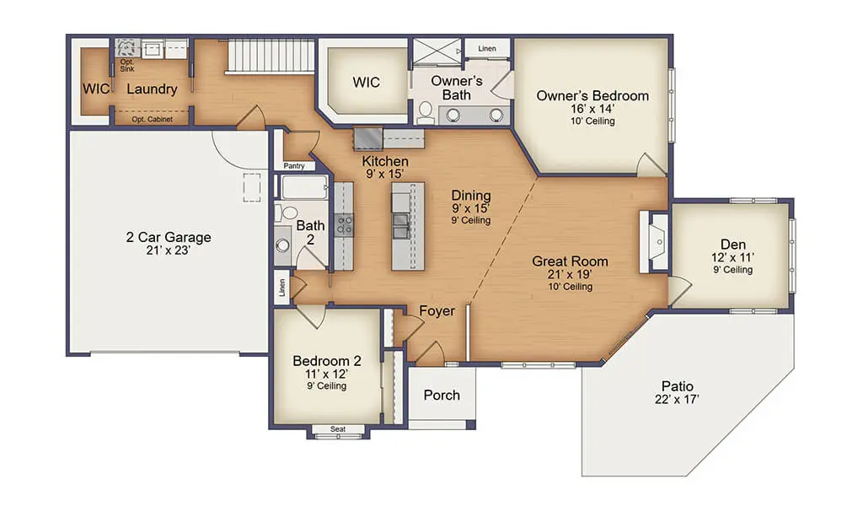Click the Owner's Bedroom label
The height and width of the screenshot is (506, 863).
(x=592, y=96)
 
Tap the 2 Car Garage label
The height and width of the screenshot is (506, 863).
(x=169, y=237)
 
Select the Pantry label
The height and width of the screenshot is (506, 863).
(x=294, y=166)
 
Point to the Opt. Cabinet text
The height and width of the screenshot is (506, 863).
(x=152, y=119)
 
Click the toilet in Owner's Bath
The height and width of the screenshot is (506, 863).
(x=426, y=112)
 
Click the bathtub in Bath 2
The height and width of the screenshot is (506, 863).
(x=304, y=187)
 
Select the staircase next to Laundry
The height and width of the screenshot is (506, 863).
(x=270, y=56)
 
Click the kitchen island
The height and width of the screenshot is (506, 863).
(x=408, y=226)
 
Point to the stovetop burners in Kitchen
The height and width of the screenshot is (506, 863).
(x=345, y=226)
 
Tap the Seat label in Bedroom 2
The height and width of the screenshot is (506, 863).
(x=338, y=429)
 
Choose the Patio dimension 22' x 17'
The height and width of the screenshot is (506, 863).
(x=677, y=400)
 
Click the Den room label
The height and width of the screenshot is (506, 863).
(x=733, y=245)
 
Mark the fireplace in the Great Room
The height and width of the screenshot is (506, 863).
(x=654, y=242)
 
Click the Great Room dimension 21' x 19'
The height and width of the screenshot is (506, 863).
(x=570, y=274)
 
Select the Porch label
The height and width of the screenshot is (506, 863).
(x=442, y=396)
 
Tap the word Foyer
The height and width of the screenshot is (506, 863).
(x=437, y=311)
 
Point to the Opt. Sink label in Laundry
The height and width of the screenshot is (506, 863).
(x=127, y=66)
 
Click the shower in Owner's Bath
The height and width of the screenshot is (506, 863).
(x=437, y=51)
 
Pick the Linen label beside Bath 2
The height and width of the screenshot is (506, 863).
(x=281, y=288)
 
